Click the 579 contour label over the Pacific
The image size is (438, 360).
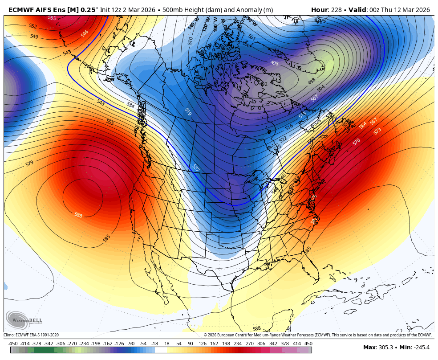(29, 164)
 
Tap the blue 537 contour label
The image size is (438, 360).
(195, 168)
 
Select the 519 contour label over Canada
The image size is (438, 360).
(187, 112)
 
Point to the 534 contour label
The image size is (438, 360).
(130, 105)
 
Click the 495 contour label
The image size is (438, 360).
(275, 63)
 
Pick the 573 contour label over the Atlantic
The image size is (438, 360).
(377, 131)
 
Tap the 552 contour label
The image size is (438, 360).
(33, 26)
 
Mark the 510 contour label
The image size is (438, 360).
(191, 41)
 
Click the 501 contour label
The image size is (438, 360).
(252, 37)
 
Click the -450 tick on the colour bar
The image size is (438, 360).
(13, 344)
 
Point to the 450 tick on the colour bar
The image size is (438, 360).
(308, 344)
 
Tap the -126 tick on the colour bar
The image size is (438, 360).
(119, 344)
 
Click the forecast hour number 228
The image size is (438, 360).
(337, 10)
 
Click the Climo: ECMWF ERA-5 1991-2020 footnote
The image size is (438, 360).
(31, 335)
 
